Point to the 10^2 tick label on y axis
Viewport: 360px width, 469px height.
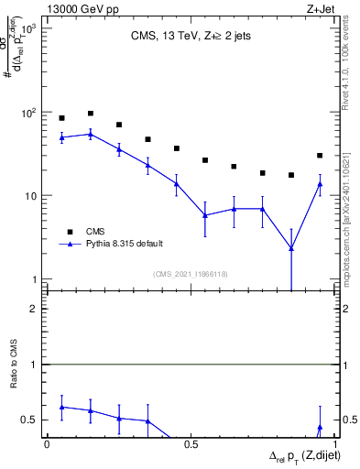[29, 113]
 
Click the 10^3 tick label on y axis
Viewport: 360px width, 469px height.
[29, 29]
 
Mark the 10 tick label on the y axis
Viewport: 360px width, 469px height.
[31, 196]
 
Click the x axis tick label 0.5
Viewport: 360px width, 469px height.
[191, 443]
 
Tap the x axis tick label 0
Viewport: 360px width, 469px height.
[48, 443]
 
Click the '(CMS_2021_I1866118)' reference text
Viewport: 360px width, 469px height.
[191, 274]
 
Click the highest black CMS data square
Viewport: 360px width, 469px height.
[91, 114]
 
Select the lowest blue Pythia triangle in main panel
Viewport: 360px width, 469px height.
[291, 247]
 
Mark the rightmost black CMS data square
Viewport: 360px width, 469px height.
[320, 156]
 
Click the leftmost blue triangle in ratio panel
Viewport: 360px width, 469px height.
[61, 407]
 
